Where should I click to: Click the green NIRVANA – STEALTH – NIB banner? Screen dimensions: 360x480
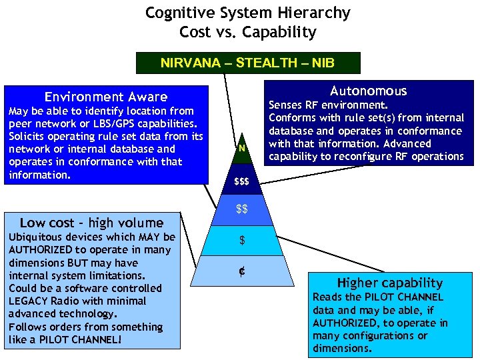[247, 63]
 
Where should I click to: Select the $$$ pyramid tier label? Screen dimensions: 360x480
[241, 182]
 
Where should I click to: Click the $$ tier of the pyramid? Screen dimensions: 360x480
[242, 210]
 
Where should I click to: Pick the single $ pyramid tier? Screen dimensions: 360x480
[242, 240]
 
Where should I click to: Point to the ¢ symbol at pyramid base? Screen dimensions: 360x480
[242, 271]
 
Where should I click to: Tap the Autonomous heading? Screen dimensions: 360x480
[368, 91]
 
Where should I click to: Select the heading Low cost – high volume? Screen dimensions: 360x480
[91, 223]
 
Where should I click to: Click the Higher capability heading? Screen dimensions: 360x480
[389, 283]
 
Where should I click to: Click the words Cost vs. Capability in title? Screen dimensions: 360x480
[248, 32]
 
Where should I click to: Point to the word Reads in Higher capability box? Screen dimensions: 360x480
[327, 297]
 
